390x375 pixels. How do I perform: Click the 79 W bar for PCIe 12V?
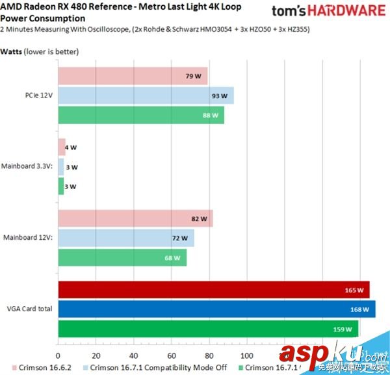point(133,76)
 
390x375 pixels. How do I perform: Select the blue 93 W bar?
point(146,96)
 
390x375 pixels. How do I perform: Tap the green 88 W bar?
point(141,115)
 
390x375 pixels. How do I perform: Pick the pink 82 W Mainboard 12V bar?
point(135,219)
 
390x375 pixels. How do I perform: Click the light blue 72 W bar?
point(125,239)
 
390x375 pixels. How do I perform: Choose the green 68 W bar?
point(122,258)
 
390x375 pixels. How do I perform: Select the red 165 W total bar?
point(213,290)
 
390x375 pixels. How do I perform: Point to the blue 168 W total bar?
point(216,309)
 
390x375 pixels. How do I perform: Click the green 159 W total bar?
point(208,329)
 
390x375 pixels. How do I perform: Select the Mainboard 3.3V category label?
point(29,167)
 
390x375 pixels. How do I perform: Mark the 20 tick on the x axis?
point(96,356)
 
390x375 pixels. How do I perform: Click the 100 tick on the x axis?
point(247,356)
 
